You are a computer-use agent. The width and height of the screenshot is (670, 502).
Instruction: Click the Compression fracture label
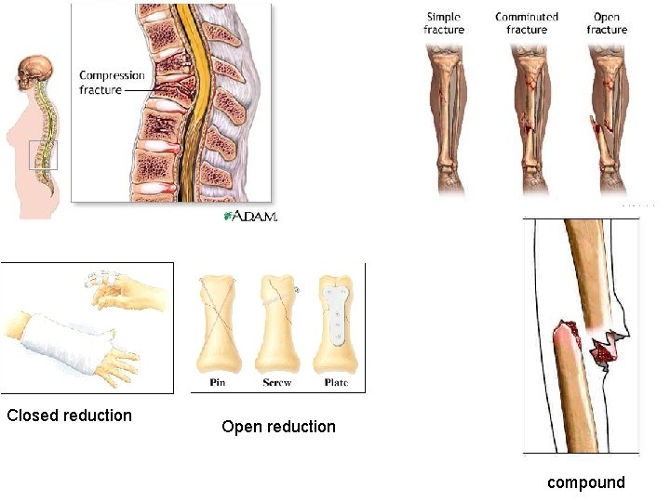point(112,83)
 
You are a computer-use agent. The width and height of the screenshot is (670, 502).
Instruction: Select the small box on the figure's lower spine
point(43,154)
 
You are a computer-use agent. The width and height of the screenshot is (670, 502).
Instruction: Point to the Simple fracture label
point(444,23)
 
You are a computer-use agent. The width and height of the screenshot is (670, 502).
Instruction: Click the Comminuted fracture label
point(527,23)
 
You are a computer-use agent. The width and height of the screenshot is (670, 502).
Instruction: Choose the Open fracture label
point(607,23)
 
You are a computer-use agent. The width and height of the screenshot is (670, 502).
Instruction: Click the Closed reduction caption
point(69,416)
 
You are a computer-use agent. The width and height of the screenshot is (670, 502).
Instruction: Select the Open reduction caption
point(278,427)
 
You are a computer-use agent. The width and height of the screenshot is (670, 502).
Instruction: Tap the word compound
point(586,482)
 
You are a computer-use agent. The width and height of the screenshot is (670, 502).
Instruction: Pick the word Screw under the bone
point(276,383)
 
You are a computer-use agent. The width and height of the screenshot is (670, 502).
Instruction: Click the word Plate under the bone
point(336,383)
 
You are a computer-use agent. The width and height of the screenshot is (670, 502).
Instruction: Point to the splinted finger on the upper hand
point(100,279)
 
